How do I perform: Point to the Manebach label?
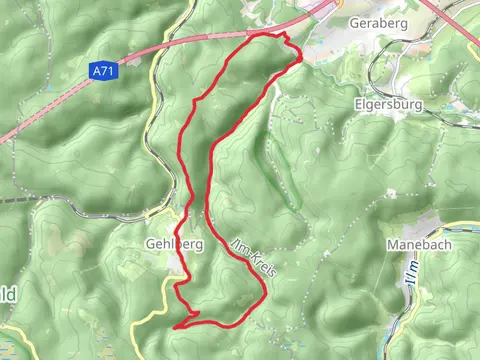pyautogui.click(x=416, y=244)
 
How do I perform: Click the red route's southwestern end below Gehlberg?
pyautogui.click(x=176, y=326)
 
